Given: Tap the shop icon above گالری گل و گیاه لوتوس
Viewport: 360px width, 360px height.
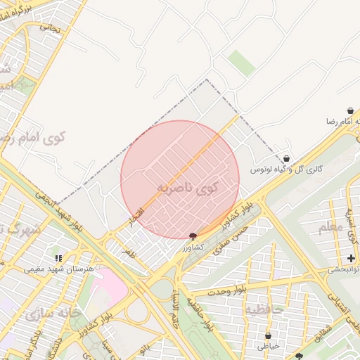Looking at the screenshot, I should point(286,159).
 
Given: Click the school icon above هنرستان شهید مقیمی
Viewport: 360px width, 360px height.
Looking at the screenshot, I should point(59,258).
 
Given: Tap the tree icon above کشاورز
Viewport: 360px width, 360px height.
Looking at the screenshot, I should point(193,236).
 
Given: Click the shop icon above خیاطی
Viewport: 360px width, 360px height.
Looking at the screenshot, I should point(268,335).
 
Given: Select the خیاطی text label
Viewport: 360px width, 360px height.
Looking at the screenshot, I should point(268,345).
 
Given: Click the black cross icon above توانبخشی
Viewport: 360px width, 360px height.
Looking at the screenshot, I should point(351,259).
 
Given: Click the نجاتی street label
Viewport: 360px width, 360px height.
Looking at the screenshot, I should point(49,27).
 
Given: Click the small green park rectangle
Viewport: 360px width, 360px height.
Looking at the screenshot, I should point(242,63).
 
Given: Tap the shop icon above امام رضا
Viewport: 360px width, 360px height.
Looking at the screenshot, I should point(349,111).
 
